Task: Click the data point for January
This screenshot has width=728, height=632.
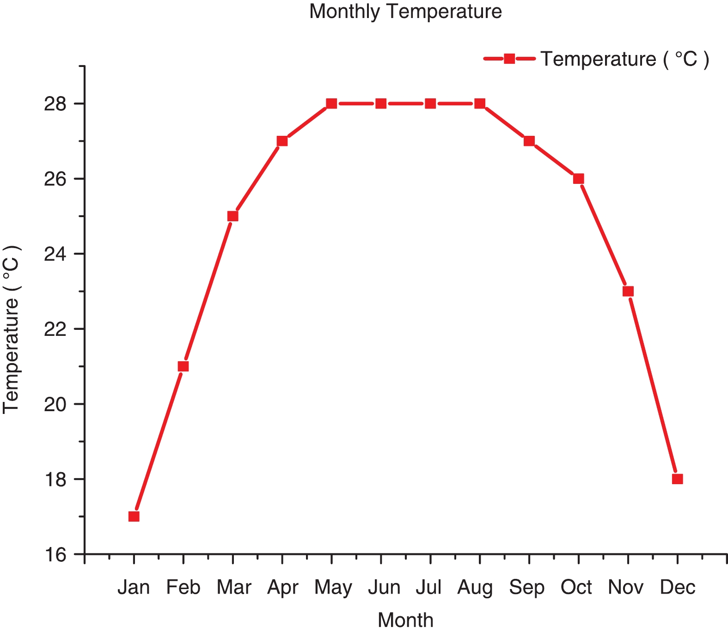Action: [134, 517]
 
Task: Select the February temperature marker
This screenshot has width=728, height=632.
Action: [184, 366]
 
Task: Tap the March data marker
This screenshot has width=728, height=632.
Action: [233, 216]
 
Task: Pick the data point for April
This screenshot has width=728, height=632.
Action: [282, 141]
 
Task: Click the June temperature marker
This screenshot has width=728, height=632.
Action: [381, 103]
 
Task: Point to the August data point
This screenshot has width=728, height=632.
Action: [480, 103]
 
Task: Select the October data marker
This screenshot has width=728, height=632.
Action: [579, 179]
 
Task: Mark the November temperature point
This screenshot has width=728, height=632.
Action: [628, 291]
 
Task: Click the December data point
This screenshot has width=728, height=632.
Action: [678, 479]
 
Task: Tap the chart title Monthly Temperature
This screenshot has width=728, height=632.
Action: [405, 12]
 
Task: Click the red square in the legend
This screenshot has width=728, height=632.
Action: [509, 59]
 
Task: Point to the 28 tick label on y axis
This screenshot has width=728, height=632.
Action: [55, 104]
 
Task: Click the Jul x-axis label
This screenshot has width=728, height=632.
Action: [429, 588]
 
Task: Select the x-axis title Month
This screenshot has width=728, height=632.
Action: [405, 620]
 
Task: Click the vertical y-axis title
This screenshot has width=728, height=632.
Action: [12, 329]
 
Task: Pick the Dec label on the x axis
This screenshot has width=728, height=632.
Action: [678, 588]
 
